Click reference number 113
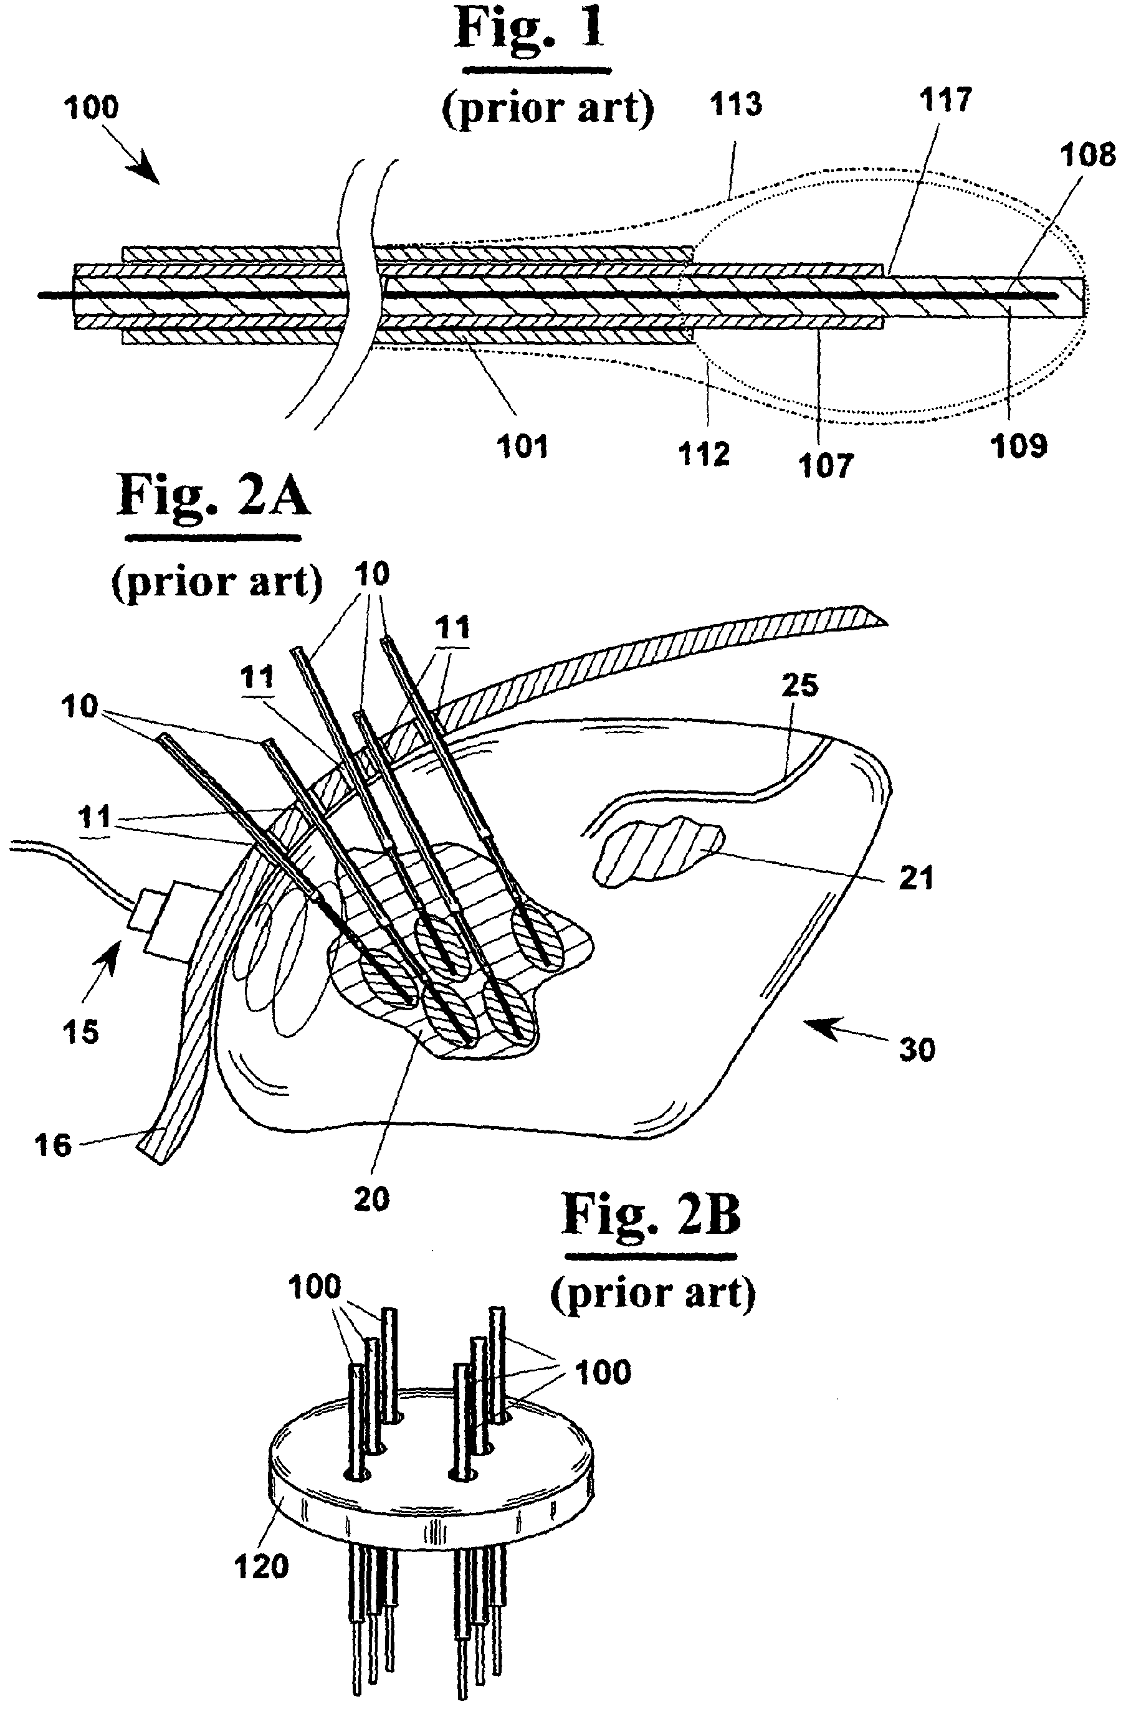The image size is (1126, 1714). pos(735,105)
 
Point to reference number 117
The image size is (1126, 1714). pos(946,100)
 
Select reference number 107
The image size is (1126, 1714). pos(825,465)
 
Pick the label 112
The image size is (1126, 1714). pos(705,455)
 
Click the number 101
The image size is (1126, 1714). pos(522,447)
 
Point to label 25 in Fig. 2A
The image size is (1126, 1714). pos(799,685)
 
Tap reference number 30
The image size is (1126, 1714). pos(917,1050)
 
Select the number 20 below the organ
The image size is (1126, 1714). pos(372,1200)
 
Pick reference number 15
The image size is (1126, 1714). pos(80,1032)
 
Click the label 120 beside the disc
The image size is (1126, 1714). pos(262,1566)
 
